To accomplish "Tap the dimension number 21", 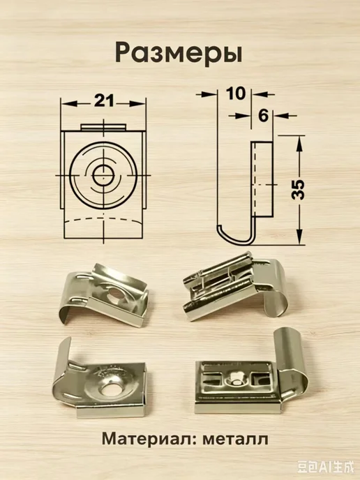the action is point(104,100).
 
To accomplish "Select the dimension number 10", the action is point(236,93).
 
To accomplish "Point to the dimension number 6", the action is point(263,115).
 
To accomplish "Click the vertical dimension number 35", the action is point(298,190).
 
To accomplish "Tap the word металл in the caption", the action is point(235,440).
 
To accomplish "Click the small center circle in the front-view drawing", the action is point(103,176).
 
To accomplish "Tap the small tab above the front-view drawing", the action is point(103,128).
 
